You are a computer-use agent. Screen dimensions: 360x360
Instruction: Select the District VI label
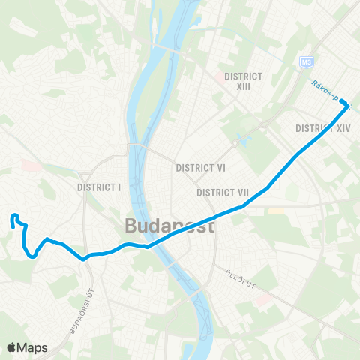[200, 168]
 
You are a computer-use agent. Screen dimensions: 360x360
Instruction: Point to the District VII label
[223, 193]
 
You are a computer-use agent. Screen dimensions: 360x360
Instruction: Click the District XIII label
[243, 81]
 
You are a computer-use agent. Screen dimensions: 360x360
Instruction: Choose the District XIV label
[323, 129]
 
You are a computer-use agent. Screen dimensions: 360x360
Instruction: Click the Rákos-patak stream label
[330, 93]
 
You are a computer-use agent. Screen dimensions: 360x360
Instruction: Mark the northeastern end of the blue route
[347, 106]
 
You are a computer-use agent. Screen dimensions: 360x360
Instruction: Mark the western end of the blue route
[13, 218]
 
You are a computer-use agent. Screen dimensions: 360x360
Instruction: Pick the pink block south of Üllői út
[263, 300]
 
